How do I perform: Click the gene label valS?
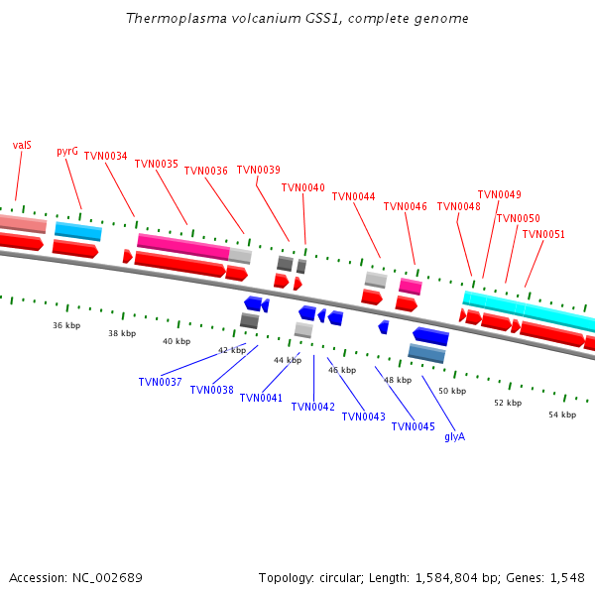[22, 145]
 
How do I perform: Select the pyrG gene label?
[67, 152]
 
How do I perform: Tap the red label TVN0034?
[105, 156]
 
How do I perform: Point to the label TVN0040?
[302, 187]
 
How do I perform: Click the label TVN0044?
[353, 196]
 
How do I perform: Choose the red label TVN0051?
[543, 234]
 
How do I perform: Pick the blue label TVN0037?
[160, 382]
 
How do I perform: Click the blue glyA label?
[454, 436]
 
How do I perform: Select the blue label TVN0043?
[363, 416]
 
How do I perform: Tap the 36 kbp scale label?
[66, 325]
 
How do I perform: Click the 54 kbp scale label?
[562, 415]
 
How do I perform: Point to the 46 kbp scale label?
[342, 370]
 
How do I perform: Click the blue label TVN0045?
[413, 426]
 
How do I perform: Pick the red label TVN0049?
[499, 194]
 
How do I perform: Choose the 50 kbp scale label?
[452, 391]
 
